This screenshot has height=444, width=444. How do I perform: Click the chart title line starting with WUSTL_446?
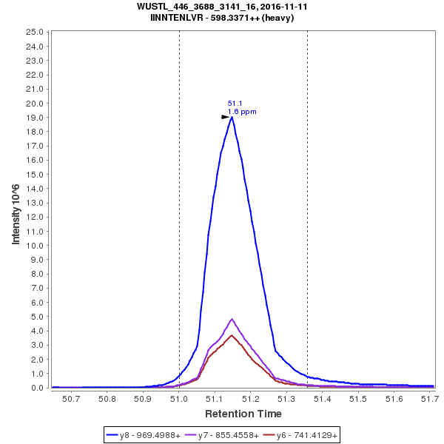coord(222,7)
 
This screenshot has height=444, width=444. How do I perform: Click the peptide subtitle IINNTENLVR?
coord(222,18)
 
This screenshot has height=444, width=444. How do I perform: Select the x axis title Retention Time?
coord(243,414)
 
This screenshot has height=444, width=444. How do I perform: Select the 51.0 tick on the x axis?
coord(179,398)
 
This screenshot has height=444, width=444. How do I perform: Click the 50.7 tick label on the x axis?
coord(72,398)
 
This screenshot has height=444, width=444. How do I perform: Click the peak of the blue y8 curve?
coord(232,117)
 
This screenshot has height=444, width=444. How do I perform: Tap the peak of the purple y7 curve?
coord(232,320)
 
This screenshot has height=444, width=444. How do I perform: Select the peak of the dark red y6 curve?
coord(232,335)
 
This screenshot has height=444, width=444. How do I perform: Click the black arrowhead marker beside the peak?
coord(226,117)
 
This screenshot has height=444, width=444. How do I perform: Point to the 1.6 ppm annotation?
coord(242,112)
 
